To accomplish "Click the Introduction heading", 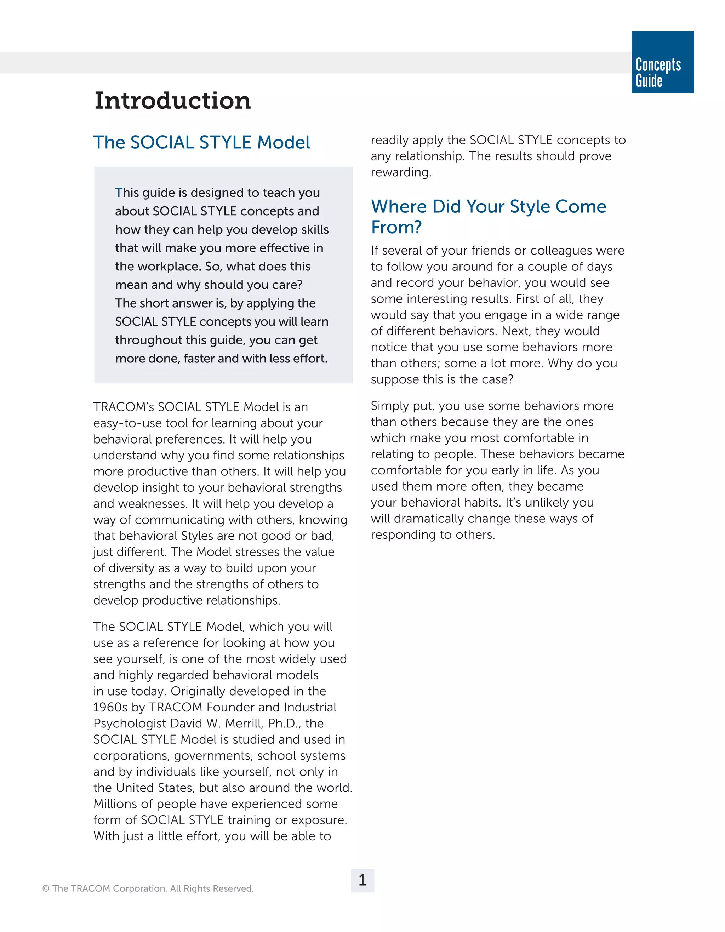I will coord(172,101).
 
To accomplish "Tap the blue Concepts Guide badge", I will coord(662,62).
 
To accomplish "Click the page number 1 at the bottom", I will coord(362,880).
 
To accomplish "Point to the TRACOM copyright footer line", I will coord(148,888).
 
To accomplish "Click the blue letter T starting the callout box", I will coord(118,193).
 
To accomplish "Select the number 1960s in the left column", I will coord(110,707).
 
